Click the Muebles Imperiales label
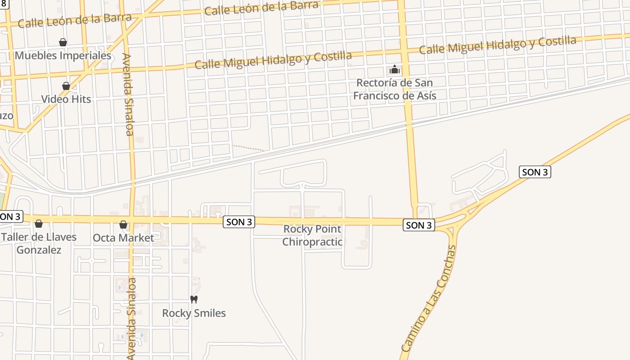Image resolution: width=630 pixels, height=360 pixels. point(63,56)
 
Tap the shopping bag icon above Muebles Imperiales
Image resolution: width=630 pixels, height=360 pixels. point(63,42)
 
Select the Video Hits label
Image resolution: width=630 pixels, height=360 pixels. point(66,99)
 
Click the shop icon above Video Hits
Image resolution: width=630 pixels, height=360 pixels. point(66,86)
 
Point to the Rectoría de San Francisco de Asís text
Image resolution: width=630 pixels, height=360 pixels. point(395,89)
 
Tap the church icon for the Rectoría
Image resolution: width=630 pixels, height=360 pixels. point(395,70)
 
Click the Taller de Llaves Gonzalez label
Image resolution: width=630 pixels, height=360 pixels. point(39,243)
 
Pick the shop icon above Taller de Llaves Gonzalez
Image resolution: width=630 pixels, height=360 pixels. point(39,224)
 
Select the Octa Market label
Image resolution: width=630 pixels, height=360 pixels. point(123,238)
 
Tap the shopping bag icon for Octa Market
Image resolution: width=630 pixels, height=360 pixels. point(123,225)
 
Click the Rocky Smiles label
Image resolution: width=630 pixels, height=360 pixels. point(194,313)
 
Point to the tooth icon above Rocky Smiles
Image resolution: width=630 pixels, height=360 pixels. point(194,299)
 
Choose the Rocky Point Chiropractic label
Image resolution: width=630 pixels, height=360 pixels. point(312,235)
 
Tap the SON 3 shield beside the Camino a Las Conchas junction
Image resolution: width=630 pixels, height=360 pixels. point(419,225)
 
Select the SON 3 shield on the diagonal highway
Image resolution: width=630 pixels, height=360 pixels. point(535,172)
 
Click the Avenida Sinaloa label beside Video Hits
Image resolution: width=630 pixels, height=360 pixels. point(128,94)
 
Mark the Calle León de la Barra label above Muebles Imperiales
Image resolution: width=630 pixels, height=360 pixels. point(75,20)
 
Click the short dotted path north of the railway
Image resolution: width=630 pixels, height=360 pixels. point(248,148)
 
